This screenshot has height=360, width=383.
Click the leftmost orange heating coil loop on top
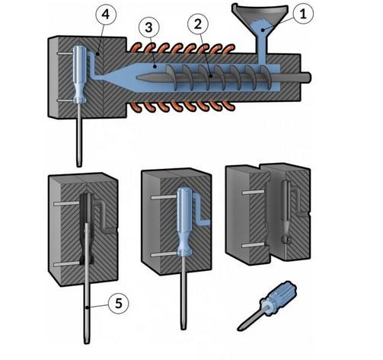click(138, 51)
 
